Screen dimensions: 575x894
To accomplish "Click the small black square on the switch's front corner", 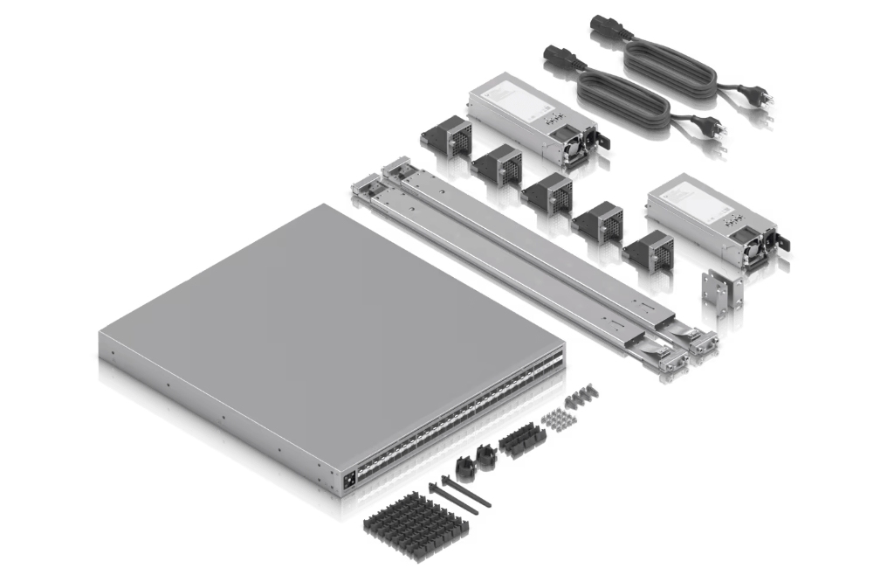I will point(351,478).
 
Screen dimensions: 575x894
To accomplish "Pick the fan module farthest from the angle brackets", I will point(446,137).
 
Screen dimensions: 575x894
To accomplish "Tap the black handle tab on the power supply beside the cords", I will point(603,139).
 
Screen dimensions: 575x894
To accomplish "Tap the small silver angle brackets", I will point(723,288).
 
